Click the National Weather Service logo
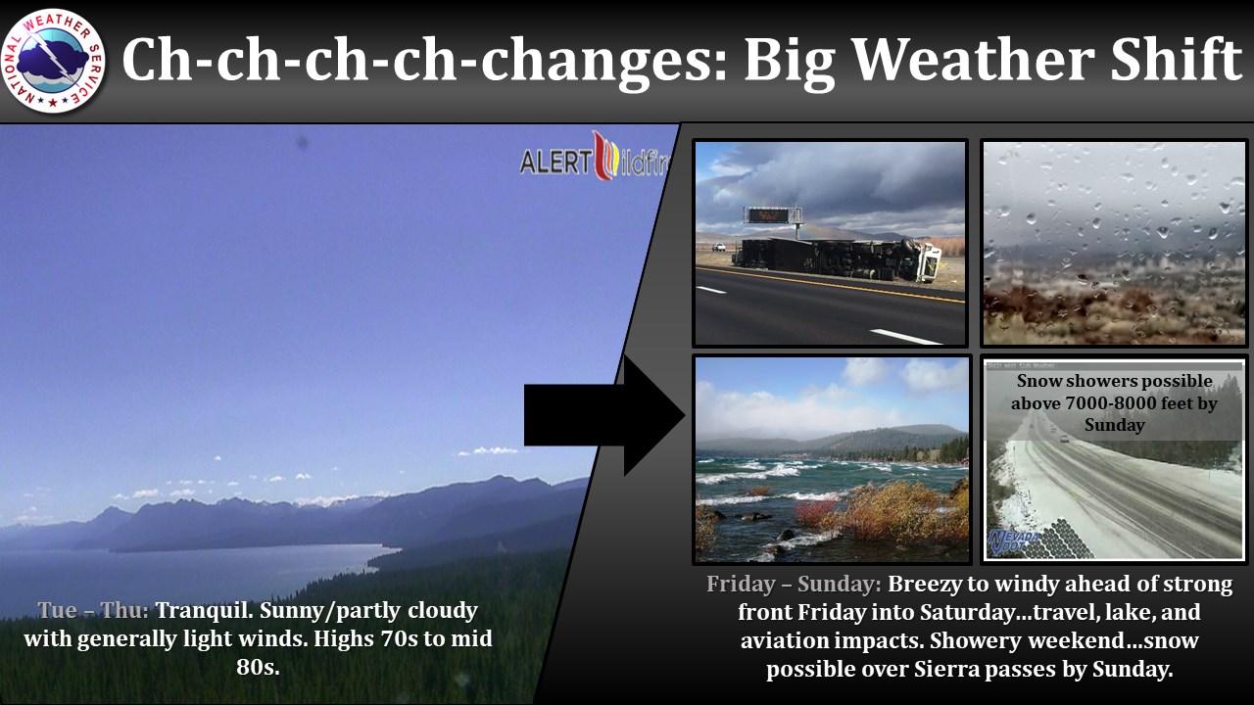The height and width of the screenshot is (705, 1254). [53, 61]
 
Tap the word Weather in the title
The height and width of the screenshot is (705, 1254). [973, 60]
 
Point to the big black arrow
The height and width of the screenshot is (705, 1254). [604, 415]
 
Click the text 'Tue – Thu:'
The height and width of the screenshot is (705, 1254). [93, 610]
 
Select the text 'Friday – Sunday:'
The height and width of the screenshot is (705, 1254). [794, 584]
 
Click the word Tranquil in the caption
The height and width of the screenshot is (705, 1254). [205, 610]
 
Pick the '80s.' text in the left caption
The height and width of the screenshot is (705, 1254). [258, 667]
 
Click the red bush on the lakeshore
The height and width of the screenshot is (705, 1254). [815, 513]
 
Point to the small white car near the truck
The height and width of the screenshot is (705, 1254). [719, 247]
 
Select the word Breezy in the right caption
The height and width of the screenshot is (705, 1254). [924, 585]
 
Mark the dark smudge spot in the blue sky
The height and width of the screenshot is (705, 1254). [303, 142]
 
